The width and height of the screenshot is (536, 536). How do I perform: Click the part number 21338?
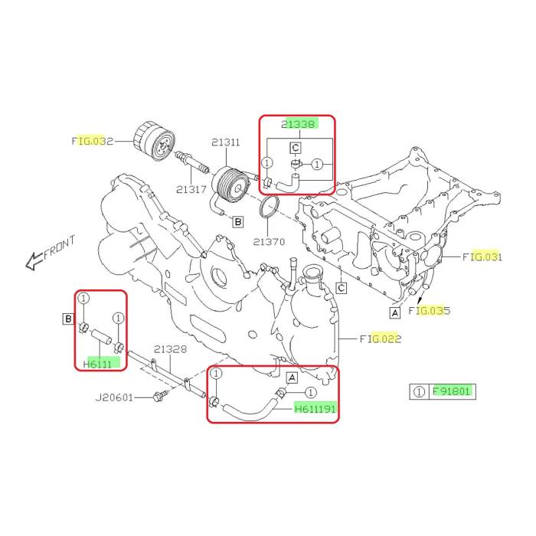(x=298, y=124)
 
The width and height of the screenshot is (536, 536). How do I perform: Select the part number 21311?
(x=226, y=142)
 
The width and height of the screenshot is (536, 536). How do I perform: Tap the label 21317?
(x=191, y=189)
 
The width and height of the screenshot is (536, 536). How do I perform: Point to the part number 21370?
(x=269, y=242)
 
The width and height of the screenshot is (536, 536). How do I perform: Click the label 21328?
(x=170, y=349)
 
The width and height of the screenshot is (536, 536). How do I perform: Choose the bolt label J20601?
(x=114, y=397)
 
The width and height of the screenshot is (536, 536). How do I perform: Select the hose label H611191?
(x=315, y=408)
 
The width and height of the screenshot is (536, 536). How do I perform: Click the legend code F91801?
(x=451, y=391)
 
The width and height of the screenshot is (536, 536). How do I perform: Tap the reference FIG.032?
(x=93, y=141)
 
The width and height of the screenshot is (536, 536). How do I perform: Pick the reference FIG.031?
(x=482, y=257)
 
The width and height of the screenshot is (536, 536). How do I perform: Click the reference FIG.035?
(x=430, y=310)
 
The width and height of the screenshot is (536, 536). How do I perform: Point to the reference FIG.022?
(x=381, y=338)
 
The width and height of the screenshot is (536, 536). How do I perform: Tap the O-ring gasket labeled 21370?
(x=269, y=207)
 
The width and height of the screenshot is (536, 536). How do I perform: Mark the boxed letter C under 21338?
(x=296, y=148)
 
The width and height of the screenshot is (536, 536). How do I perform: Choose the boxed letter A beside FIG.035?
(x=395, y=312)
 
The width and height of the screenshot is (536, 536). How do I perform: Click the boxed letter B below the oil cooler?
(x=238, y=222)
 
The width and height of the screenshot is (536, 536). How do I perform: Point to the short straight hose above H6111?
(x=101, y=335)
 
